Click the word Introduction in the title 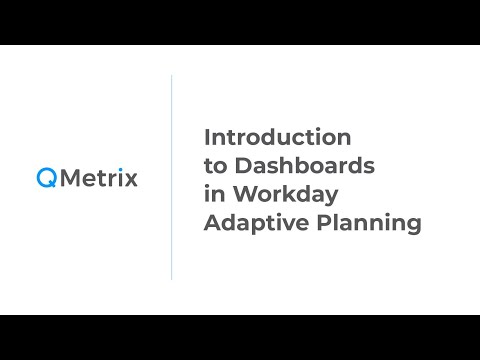(277, 135)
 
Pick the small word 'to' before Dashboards (214, 165)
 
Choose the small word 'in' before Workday (212, 194)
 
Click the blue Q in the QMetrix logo (46, 179)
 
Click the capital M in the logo (68, 179)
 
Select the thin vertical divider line (171, 178)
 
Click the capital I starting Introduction (207, 135)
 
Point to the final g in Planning (413, 227)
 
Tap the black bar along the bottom (240, 337)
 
